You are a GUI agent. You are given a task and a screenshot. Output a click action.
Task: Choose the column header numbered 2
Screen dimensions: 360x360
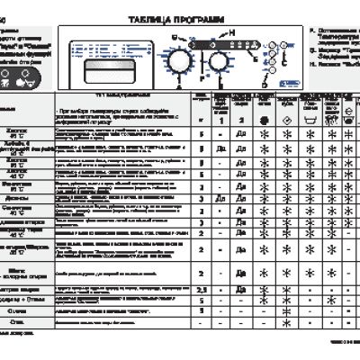tap(241, 117)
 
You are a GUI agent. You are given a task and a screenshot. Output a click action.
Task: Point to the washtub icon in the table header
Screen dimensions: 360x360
tap(310, 117)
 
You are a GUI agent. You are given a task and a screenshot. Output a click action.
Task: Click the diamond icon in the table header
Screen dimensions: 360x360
tap(286, 117)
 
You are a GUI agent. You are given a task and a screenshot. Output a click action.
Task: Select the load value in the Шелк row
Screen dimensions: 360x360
tap(204, 270)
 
